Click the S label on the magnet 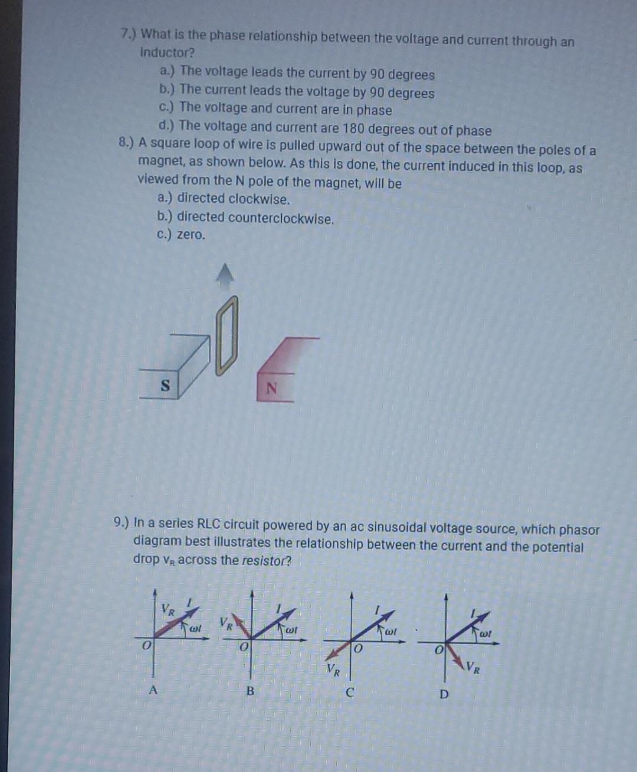166,385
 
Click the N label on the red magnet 271,389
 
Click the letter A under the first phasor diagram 153,690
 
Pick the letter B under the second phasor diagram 250,691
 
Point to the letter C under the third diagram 349,692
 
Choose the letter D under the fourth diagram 444,694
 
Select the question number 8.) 126,143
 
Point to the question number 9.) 122,522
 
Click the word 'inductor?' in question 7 168,52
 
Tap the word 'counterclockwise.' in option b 281,219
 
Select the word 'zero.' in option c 191,235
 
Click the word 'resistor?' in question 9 264,560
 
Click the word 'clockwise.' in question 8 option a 259,199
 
